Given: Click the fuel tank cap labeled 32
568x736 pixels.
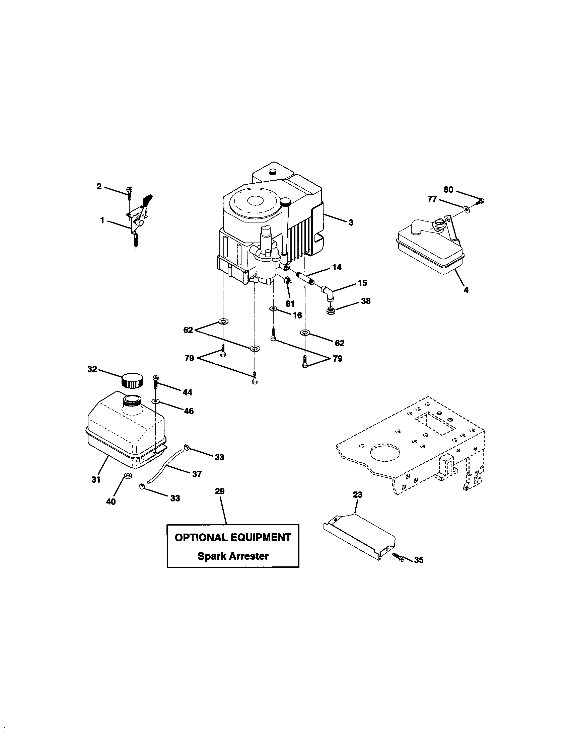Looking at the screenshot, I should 132,380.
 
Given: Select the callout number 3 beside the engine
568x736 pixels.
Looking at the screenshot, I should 351,222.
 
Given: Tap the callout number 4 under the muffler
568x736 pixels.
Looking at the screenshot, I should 466,289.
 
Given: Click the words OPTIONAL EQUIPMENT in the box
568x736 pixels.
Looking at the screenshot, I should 233,537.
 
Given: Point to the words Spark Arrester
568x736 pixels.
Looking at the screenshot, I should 233,556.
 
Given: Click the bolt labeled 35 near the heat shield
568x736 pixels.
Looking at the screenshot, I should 397,556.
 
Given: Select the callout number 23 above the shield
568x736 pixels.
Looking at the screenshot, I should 358,494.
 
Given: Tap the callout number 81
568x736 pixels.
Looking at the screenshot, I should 290,303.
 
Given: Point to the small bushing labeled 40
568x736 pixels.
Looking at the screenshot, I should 128,475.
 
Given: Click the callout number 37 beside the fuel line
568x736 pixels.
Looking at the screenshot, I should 197,474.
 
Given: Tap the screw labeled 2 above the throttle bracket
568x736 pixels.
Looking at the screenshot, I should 129,192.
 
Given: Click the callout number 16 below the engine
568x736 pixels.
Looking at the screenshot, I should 297,315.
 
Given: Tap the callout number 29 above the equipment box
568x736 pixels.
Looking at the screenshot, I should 220,491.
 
